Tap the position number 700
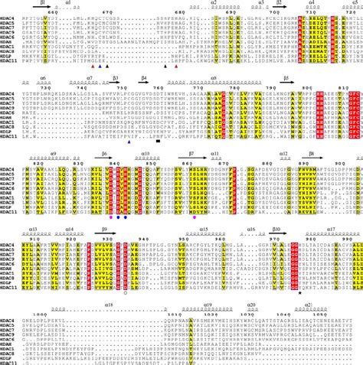[302, 14]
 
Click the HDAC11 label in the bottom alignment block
[11, 360]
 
